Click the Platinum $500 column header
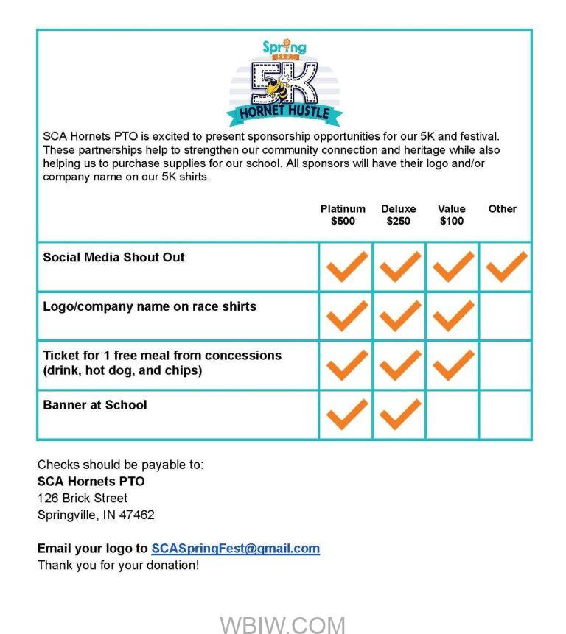[x=343, y=215]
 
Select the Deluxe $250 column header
[x=398, y=215]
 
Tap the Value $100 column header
[x=452, y=215]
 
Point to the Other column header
[x=502, y=209]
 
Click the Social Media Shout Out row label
[x=113, y=258]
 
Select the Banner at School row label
[x=95, y=405]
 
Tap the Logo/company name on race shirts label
[x=150, y=307]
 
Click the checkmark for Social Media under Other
[x=506, y=267]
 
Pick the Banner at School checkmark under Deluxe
[x=399, y=414]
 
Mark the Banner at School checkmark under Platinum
[x=346, y=414]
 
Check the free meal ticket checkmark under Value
[x=453, y=364]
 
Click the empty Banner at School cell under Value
[x=453, y=415]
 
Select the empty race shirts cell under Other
[x=506, y=316]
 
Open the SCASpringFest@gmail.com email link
[x=235, y=549]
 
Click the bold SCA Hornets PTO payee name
[x=91, y=482]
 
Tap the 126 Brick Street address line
[x=83, y=499]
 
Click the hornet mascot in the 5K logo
[x=279, y=91]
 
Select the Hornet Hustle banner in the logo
[x=284, y=113]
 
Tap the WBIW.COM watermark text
[x=282, y=625]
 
